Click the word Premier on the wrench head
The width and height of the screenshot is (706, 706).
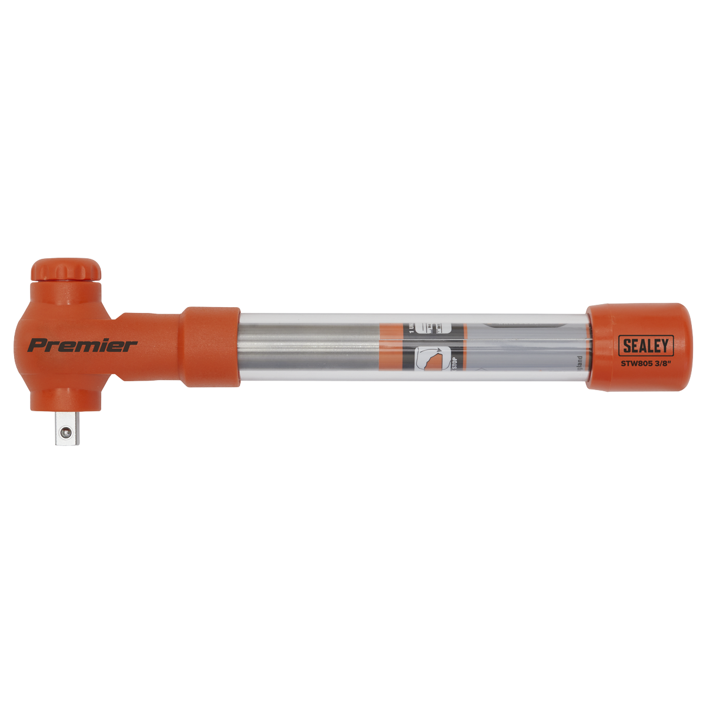point(82,345)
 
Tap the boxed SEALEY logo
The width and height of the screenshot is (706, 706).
point(645,345)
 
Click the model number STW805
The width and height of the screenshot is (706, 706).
point(637,363)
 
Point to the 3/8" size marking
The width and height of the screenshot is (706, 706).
point(663,363)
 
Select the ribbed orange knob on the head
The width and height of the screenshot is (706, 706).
point(66,271)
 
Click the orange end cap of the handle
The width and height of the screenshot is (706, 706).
point(638,346)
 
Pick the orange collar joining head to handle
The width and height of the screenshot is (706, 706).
point(210,347)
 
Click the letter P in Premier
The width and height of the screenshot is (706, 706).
point(36,345)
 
